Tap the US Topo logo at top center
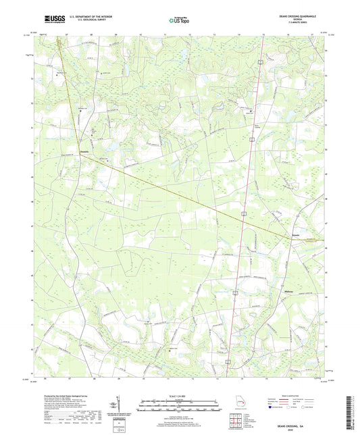(x=178, y=21)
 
